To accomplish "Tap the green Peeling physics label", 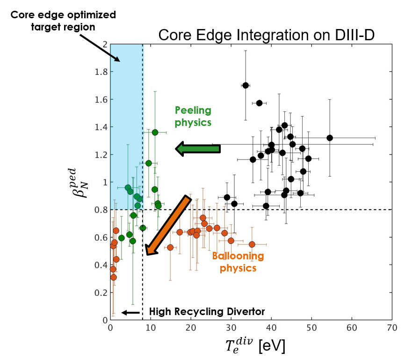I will coord(193,116).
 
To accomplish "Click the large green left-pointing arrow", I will coord(197,149).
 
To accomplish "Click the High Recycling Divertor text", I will coord(207,312).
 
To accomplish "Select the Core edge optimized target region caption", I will coord(63,21).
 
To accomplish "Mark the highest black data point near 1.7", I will coord(246,85).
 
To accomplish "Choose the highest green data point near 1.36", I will coord(155,132).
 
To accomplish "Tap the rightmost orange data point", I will coord(252,244).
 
